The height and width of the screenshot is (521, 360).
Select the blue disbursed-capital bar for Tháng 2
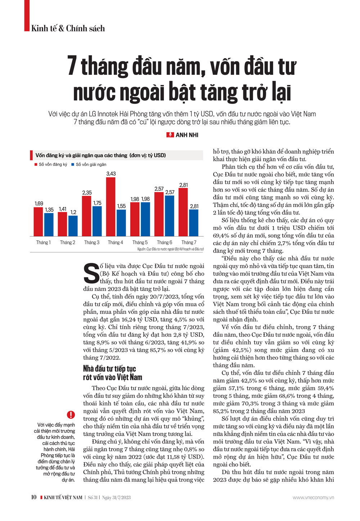(73, 226)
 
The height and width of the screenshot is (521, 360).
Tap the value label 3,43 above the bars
(111, 174)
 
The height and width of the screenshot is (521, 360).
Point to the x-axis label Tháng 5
(140, 242)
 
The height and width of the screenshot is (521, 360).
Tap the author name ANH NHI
(187, 135)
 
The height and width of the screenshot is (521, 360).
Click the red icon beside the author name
(170, 135)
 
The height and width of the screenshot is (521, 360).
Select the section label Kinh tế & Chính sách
(68, 28)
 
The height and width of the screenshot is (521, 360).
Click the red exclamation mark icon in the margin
(71, 415)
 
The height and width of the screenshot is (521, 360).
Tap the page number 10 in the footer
(33, 497)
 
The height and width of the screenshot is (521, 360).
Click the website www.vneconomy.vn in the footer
(313, 498)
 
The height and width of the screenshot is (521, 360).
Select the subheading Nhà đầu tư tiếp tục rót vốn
(112, 373)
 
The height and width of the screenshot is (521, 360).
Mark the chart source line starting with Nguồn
(170, 249)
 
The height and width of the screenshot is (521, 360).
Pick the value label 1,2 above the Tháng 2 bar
(73, 212)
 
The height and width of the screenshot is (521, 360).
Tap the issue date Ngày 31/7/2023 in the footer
(116, 498)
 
